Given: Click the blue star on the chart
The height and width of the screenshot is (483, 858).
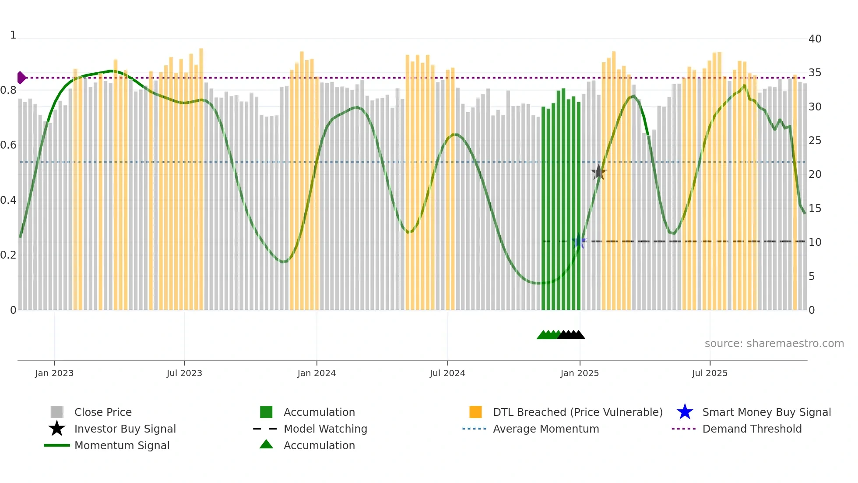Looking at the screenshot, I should pos(579,241).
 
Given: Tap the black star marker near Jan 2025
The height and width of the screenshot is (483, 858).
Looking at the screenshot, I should pos(598,172).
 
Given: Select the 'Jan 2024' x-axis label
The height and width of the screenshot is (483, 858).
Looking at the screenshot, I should pos(316,373).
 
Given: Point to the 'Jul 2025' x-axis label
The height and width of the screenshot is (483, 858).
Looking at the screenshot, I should pos(710,373).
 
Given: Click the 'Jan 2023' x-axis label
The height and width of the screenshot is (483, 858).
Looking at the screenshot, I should pos(54,373).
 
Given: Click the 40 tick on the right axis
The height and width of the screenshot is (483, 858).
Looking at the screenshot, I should pos(815,39).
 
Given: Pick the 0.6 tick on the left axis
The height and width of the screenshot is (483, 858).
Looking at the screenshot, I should pos(8,145).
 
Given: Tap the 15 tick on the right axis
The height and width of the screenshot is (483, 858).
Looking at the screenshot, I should pos(815,209).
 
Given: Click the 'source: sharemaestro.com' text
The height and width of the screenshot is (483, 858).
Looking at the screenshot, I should pos(774,344).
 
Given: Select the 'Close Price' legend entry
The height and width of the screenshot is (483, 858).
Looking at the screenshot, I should pos(103,412).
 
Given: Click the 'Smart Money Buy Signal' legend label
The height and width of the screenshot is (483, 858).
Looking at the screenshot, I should pos(767,412).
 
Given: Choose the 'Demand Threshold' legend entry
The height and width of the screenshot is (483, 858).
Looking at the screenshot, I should pos(752,429).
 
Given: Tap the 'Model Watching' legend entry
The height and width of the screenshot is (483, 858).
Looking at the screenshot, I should pos(325,429).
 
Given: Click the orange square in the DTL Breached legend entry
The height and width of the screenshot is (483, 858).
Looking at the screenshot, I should pos(475,412).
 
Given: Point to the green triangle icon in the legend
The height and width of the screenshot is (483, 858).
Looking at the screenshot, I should pos(266,444).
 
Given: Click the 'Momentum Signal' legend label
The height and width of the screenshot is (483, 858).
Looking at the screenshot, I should pos(122,445).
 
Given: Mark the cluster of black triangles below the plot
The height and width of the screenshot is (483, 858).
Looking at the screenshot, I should pos(571,335).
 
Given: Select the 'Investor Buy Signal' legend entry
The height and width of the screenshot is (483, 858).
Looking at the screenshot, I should pos(125,429).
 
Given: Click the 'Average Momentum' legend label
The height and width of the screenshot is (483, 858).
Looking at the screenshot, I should pos(546,429).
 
